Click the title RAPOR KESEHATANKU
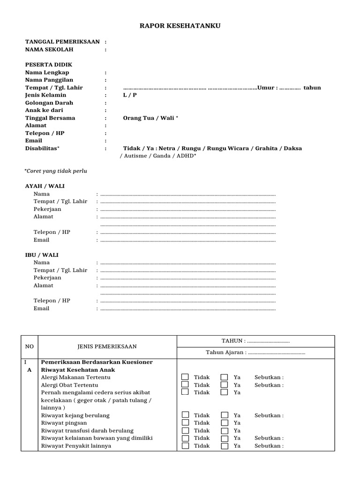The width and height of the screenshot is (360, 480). click(180, 26)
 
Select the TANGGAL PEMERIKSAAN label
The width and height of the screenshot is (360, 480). click(62, 42)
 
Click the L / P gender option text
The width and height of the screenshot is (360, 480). click(130, 95)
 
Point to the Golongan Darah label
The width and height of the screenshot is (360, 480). click(49, 103)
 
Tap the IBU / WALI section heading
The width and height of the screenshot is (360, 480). click(42, 255)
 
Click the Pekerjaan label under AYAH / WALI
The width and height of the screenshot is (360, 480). click(47, 209)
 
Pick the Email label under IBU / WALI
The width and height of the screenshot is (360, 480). click(41, 308)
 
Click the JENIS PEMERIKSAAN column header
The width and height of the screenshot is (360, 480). click(107, 347)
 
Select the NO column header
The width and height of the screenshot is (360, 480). click(30, 347)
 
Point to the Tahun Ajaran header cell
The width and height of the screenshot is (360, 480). click(255, 352)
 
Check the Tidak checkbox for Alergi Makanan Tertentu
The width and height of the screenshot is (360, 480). click(185, 377)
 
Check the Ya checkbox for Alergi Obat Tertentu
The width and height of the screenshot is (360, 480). click(225, 385)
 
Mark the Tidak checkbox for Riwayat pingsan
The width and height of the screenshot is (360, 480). click(185, 423)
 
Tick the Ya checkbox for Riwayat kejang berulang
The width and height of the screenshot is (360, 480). click(225, 415)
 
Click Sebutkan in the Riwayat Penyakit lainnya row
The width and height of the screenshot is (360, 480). click(269, 446)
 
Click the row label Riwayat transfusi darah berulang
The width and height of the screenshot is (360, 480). click(87, 430)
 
